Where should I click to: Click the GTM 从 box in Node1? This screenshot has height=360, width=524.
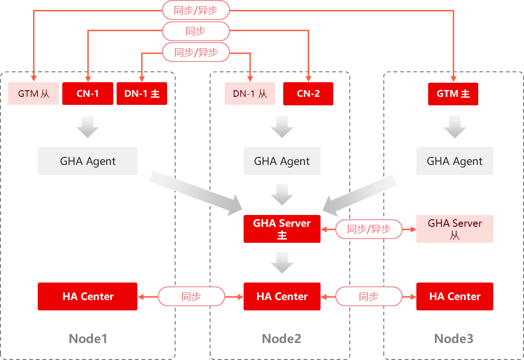pyautogui.click(x=34, y=94)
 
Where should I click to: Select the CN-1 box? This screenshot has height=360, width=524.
pyautogui.click(x=87, y=94)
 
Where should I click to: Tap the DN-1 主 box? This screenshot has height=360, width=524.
pyautogui.click(x=142, y=94)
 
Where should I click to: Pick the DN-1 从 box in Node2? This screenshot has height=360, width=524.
pyautogui.click(x=250, y=94)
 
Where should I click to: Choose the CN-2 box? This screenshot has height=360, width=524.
pyautogui.click(x=308, y=94)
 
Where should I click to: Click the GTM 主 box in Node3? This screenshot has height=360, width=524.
pyautogui.click(x=453, y=94)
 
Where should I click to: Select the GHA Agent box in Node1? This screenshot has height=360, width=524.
pyautogui.click(x=87, y=161)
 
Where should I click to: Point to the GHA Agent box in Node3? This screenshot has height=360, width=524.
pyautogui.click(x=455, y=161)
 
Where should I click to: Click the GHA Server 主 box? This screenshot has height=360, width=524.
pyautogui.click(x=282, y=229)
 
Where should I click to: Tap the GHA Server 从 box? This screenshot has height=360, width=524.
pyautogui.click(x=455, y=229)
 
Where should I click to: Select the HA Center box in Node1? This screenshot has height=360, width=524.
pyautogui.click(x=87, y=296)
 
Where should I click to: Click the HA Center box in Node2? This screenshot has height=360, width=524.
pyautogui.click(x=282, y=296)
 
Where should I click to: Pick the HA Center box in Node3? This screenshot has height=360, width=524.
pyautogui.click(x=455, y=296)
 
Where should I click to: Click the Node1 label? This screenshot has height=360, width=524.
pyautogui.click(x=88, y=339)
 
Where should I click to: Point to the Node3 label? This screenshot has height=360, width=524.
pyautogui.click(x=454, y=339)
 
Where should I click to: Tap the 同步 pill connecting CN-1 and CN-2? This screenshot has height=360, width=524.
pyautogui.click(x=196, y=31)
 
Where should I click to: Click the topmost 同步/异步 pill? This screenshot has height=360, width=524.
pyautogui.click(x=196, y=10)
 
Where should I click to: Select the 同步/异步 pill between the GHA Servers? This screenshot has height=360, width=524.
pyautogui.click(x=369, y=229)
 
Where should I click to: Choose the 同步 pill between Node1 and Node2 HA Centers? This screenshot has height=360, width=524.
pyautogui.click(x=191, y=296)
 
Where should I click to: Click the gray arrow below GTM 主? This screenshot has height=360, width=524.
pyautogui.click(x=455, y=127)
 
